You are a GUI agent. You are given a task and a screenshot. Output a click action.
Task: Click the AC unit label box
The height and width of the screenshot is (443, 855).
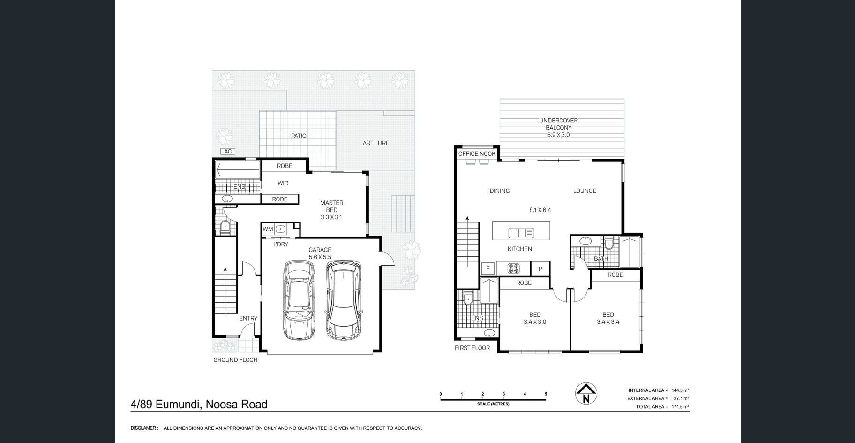pyautogui.click(x=228, y=152)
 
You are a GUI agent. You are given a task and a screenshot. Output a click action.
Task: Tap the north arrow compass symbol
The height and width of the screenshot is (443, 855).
pyautogui.click(x=586, y=393)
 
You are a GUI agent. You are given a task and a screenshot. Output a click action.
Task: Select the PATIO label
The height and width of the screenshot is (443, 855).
pyautogui.click(x=299, y=136)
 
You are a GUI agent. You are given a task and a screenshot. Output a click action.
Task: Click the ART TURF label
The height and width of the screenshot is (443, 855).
pyautogui.click(x=376, y=143)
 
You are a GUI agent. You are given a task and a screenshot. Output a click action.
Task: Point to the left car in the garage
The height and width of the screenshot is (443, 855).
pyautogui.click(x=299, y=300)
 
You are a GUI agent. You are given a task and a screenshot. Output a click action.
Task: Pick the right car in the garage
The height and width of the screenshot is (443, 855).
pyautogui.click(x=343, y=301)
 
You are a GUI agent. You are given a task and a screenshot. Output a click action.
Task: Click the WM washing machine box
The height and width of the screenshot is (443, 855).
pyautogui.click(x=268, y=229)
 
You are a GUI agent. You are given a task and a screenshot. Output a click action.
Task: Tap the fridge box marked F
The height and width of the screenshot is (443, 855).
pyautogui.click(x=488, y=269)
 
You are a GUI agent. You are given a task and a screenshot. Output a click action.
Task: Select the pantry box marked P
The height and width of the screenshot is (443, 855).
pyautogui.click(x=540, y=269)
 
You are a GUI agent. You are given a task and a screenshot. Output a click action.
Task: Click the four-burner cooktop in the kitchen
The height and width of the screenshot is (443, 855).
pyautogui.click(x=514, y=269)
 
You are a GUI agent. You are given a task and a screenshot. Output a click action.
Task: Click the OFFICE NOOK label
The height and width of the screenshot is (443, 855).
pyautogui.click(x=477, y=154)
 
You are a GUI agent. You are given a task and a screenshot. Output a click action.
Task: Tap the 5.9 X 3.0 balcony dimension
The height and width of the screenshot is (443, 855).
pyautogui.click(x=558, y=135)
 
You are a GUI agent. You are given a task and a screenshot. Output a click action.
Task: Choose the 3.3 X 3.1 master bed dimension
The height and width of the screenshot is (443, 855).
pyautogui.click(x=331, y=217)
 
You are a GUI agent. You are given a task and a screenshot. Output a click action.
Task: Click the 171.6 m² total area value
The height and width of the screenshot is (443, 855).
pyautogui.click(x=680, y=407)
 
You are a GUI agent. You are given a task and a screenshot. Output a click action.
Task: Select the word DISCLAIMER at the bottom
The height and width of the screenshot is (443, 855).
pyautogui.click(x=143, y=428)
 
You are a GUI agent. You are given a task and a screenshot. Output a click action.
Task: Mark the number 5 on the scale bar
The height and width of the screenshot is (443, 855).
pyautogui.click(x=546, y=394)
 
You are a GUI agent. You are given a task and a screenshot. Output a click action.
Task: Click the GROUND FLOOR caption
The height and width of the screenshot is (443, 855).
pyautogui.click(x=235, y=360)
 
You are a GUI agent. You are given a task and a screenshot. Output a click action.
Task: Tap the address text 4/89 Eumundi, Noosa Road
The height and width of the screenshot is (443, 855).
pyautogui.click(x=199, y=404)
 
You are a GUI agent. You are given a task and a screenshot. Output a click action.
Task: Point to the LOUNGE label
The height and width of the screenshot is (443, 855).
pyautogui.click(x=585, y=191)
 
